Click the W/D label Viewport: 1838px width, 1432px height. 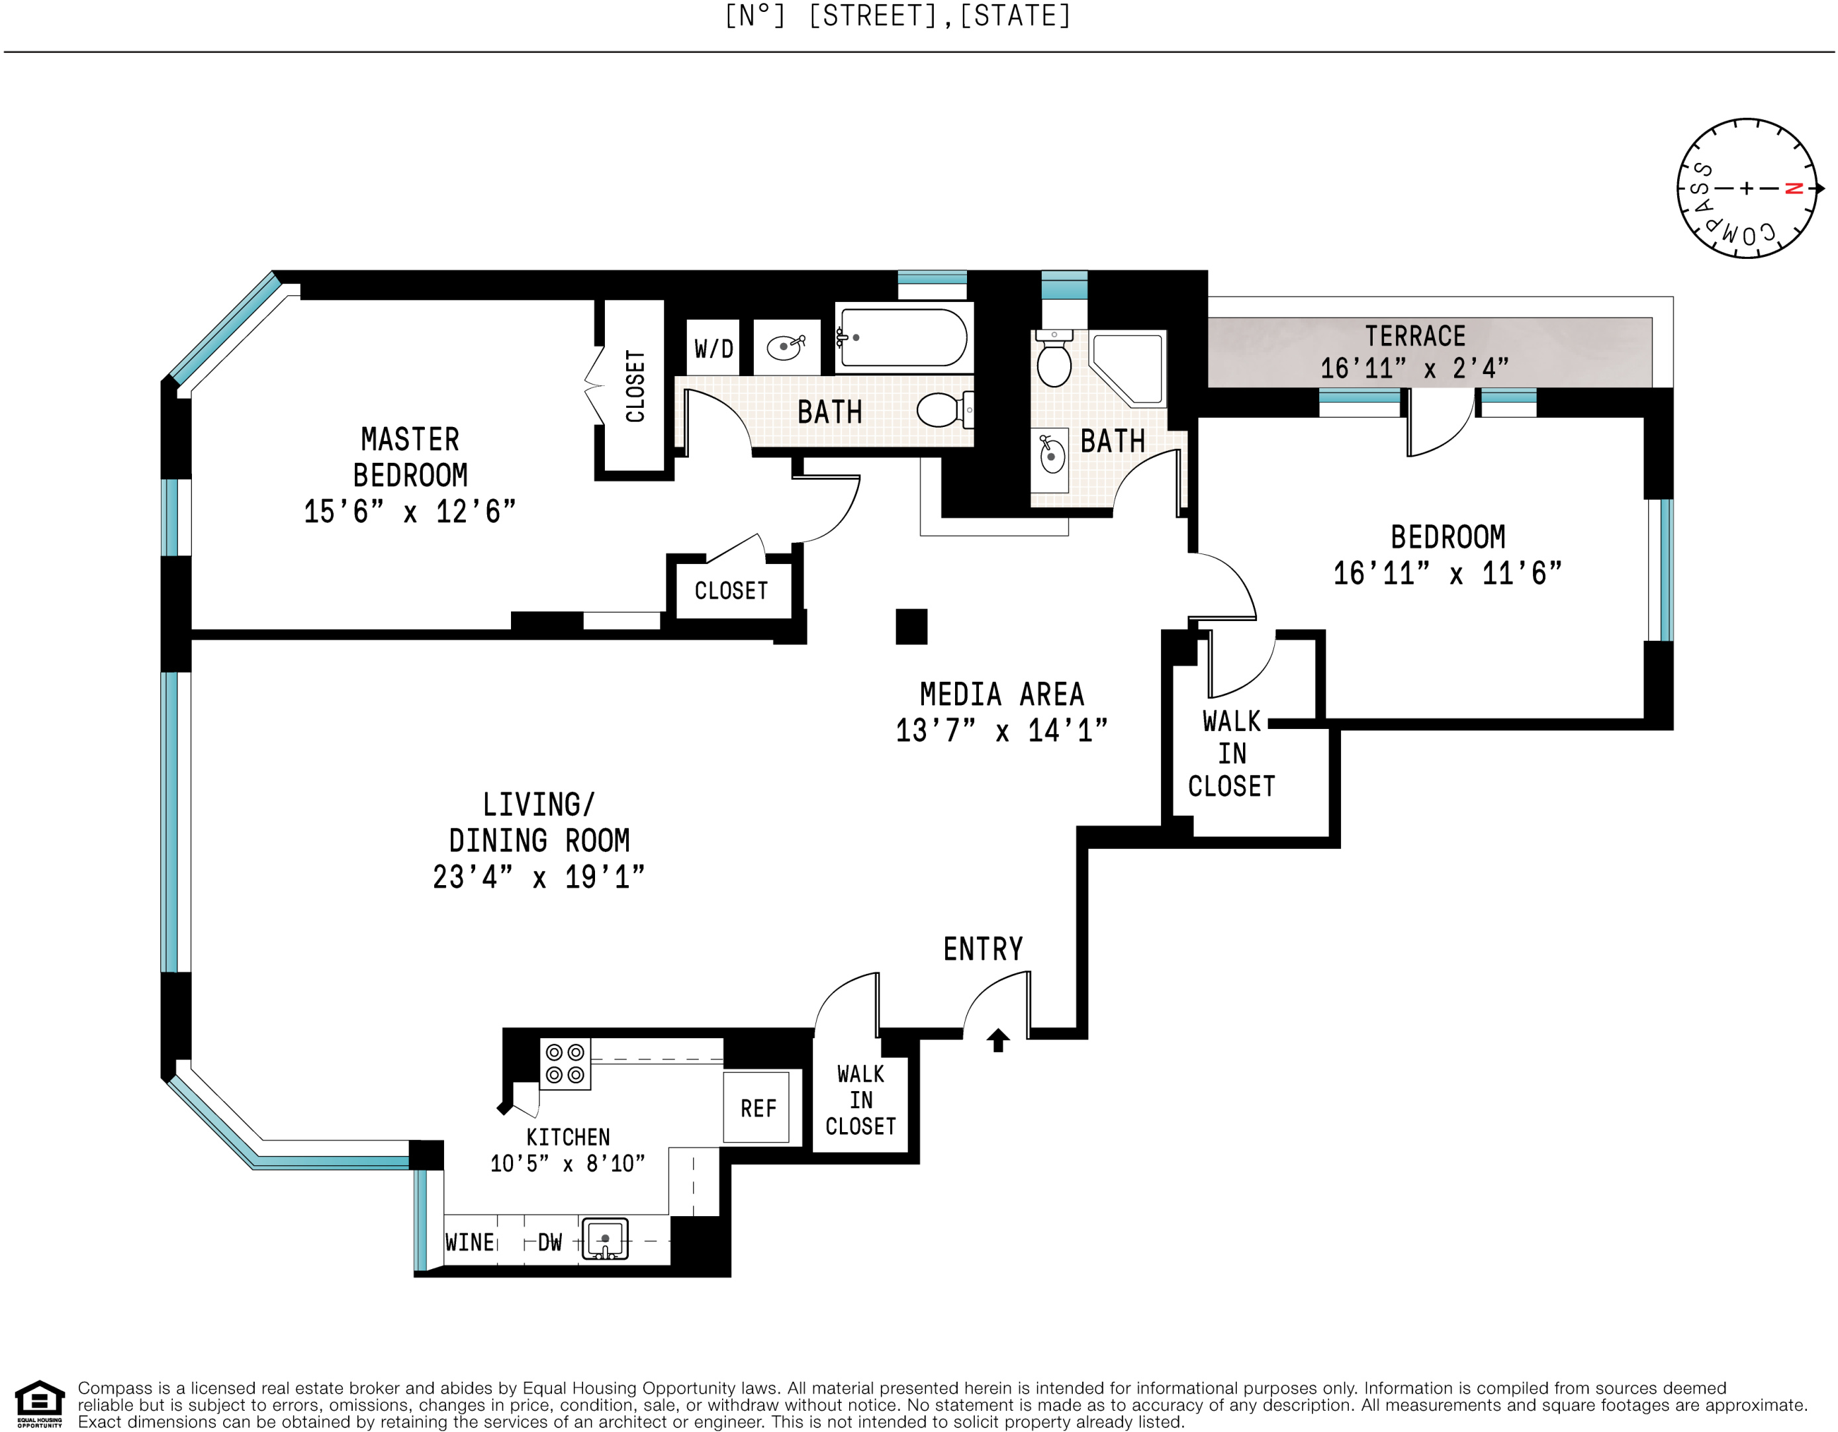coord(713,348)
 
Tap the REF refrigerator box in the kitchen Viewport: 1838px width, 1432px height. coord(757,1107)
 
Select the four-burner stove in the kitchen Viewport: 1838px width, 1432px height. coord(565,1064)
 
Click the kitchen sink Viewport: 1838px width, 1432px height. coord(605,1239)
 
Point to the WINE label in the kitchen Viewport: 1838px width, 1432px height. coord(470,1243)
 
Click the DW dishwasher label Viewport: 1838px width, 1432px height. coord(549,1243)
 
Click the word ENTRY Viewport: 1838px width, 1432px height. coord(983,949)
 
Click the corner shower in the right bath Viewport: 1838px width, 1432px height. coord(1128,368)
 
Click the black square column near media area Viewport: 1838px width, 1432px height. coord(911,626)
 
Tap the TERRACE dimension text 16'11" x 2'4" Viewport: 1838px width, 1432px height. coord(1414,369)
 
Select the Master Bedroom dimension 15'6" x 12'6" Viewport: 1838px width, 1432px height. coord(409,512)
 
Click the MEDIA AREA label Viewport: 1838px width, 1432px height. coord(1001,694)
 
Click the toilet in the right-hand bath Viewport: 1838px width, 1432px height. coord(1054,359)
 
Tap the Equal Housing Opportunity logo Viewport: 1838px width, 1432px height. coord(40,1404)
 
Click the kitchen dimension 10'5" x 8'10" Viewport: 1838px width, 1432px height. coord(567,1163)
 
